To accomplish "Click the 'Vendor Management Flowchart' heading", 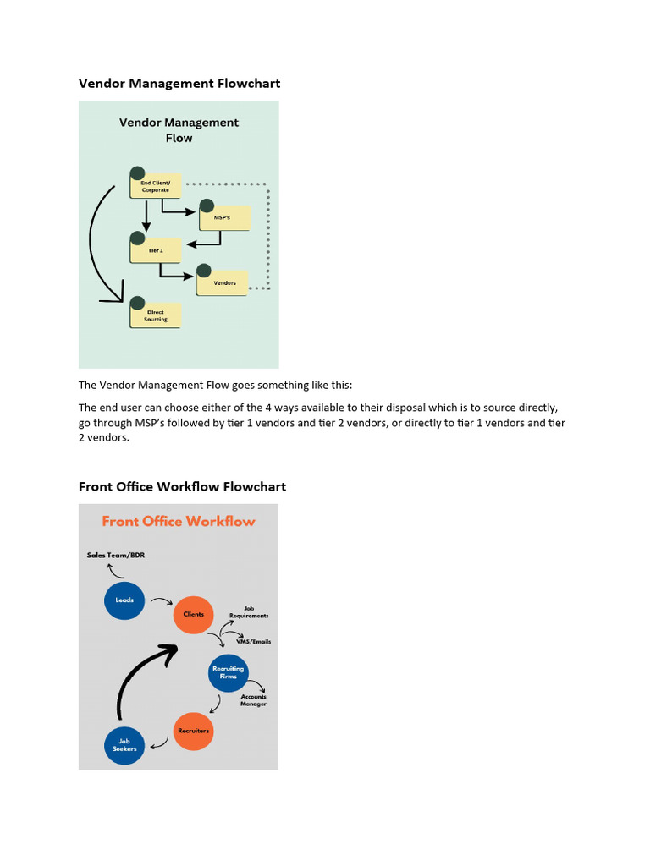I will click(x=179, y=83).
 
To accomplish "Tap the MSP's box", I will click(x=225, y=217).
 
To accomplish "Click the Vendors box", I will click(x=223, y=282).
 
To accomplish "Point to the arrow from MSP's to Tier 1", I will click(x=203, y=244).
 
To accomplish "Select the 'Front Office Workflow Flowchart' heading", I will click(x=182, y=486).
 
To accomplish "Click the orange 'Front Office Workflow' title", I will click(x=178, y=521).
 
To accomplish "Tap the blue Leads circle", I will click(x=124, y=600).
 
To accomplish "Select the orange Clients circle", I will click(x=194, y=614).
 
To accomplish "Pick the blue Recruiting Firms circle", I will click(x=229, y=672).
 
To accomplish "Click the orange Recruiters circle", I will click(x=193, y=730).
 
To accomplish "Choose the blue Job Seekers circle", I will click(x=124, y=745).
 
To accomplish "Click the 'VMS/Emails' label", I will click(x=254, y=642).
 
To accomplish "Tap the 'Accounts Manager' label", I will click(x=253, y=700).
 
